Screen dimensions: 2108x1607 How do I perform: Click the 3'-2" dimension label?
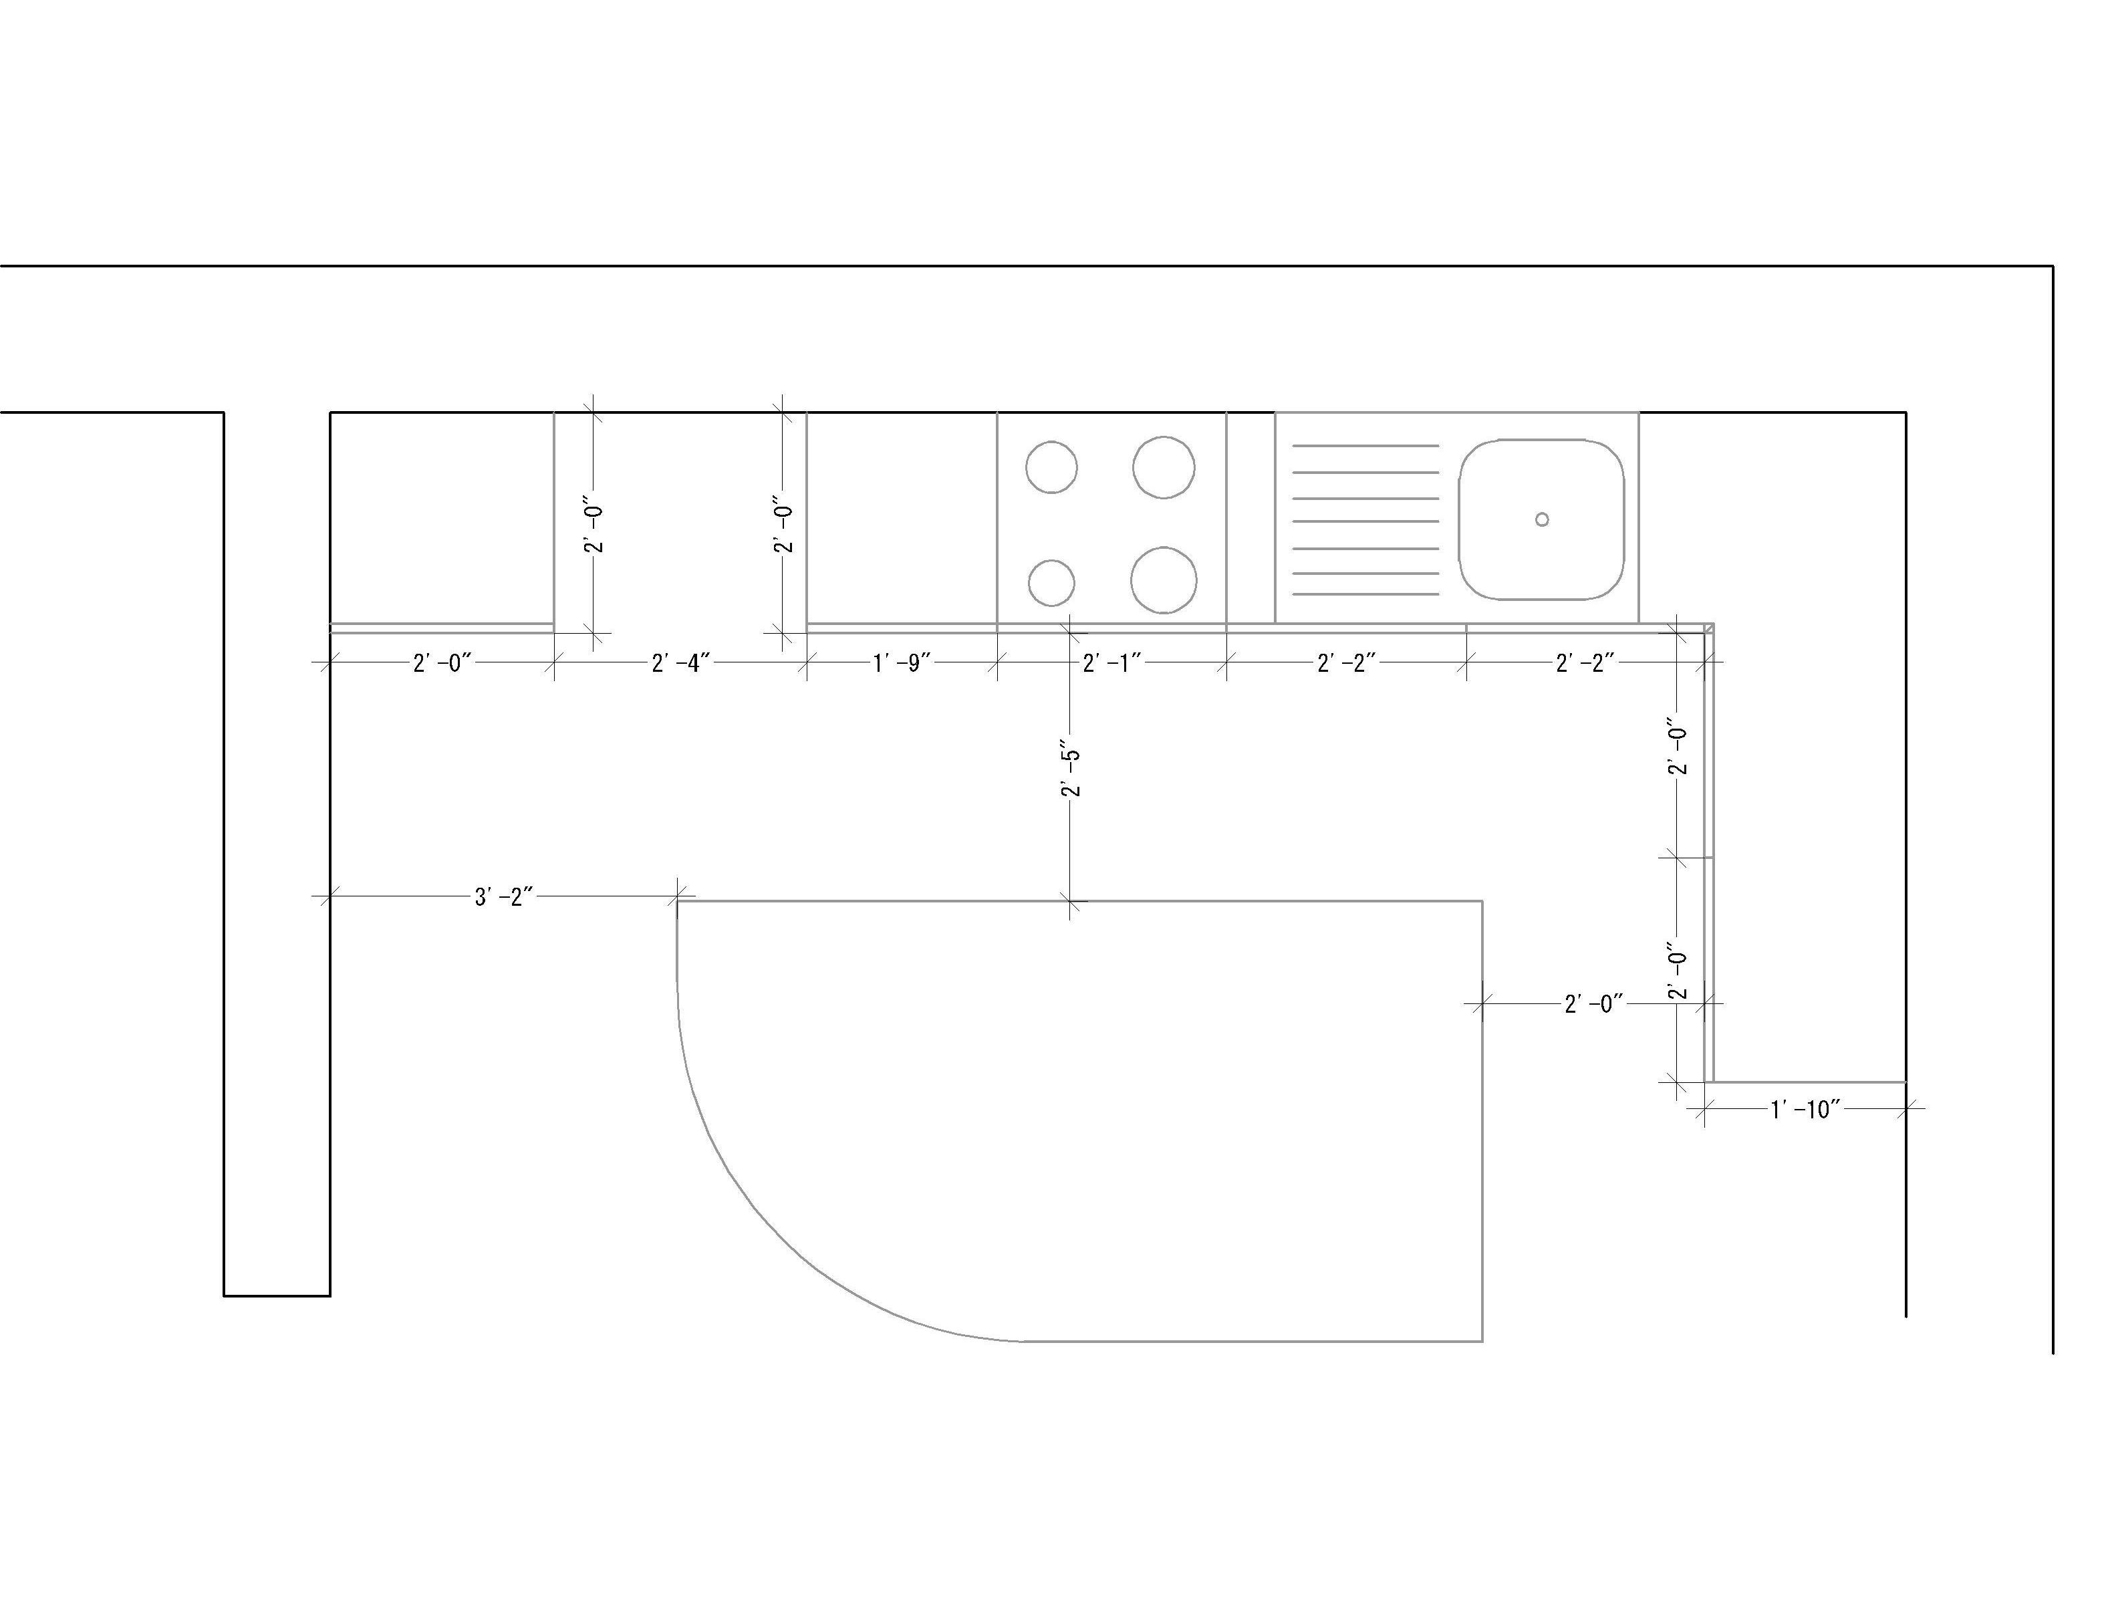click(x=503, y=897)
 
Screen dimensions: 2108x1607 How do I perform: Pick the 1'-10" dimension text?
click(x=1805, y=1110)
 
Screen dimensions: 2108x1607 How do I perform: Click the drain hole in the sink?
click(x=1542, y=519)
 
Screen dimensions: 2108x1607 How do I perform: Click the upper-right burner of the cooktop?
click(x=1163, y=467)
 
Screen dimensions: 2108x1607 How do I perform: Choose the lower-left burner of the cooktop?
click(x=1051, y=582)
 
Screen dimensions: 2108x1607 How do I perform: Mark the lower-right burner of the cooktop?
click(x=1163, y=580)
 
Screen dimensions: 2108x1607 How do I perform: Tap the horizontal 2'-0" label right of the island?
click(x=1593, y=1004)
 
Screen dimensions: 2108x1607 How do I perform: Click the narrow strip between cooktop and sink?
click(x=1250, y=517)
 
